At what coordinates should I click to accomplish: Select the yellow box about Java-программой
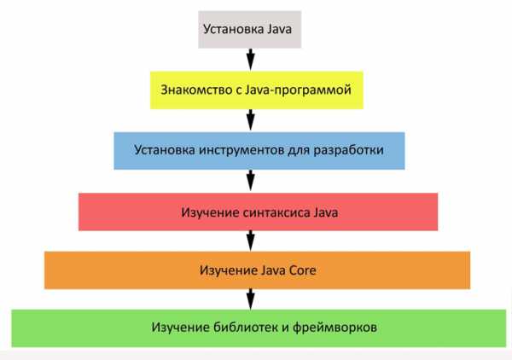(256, 90)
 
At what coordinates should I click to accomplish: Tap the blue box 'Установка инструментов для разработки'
(258, 149)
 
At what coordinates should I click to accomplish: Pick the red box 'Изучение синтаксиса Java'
(258, 212)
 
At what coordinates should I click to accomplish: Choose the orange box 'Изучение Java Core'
(258, 270)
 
